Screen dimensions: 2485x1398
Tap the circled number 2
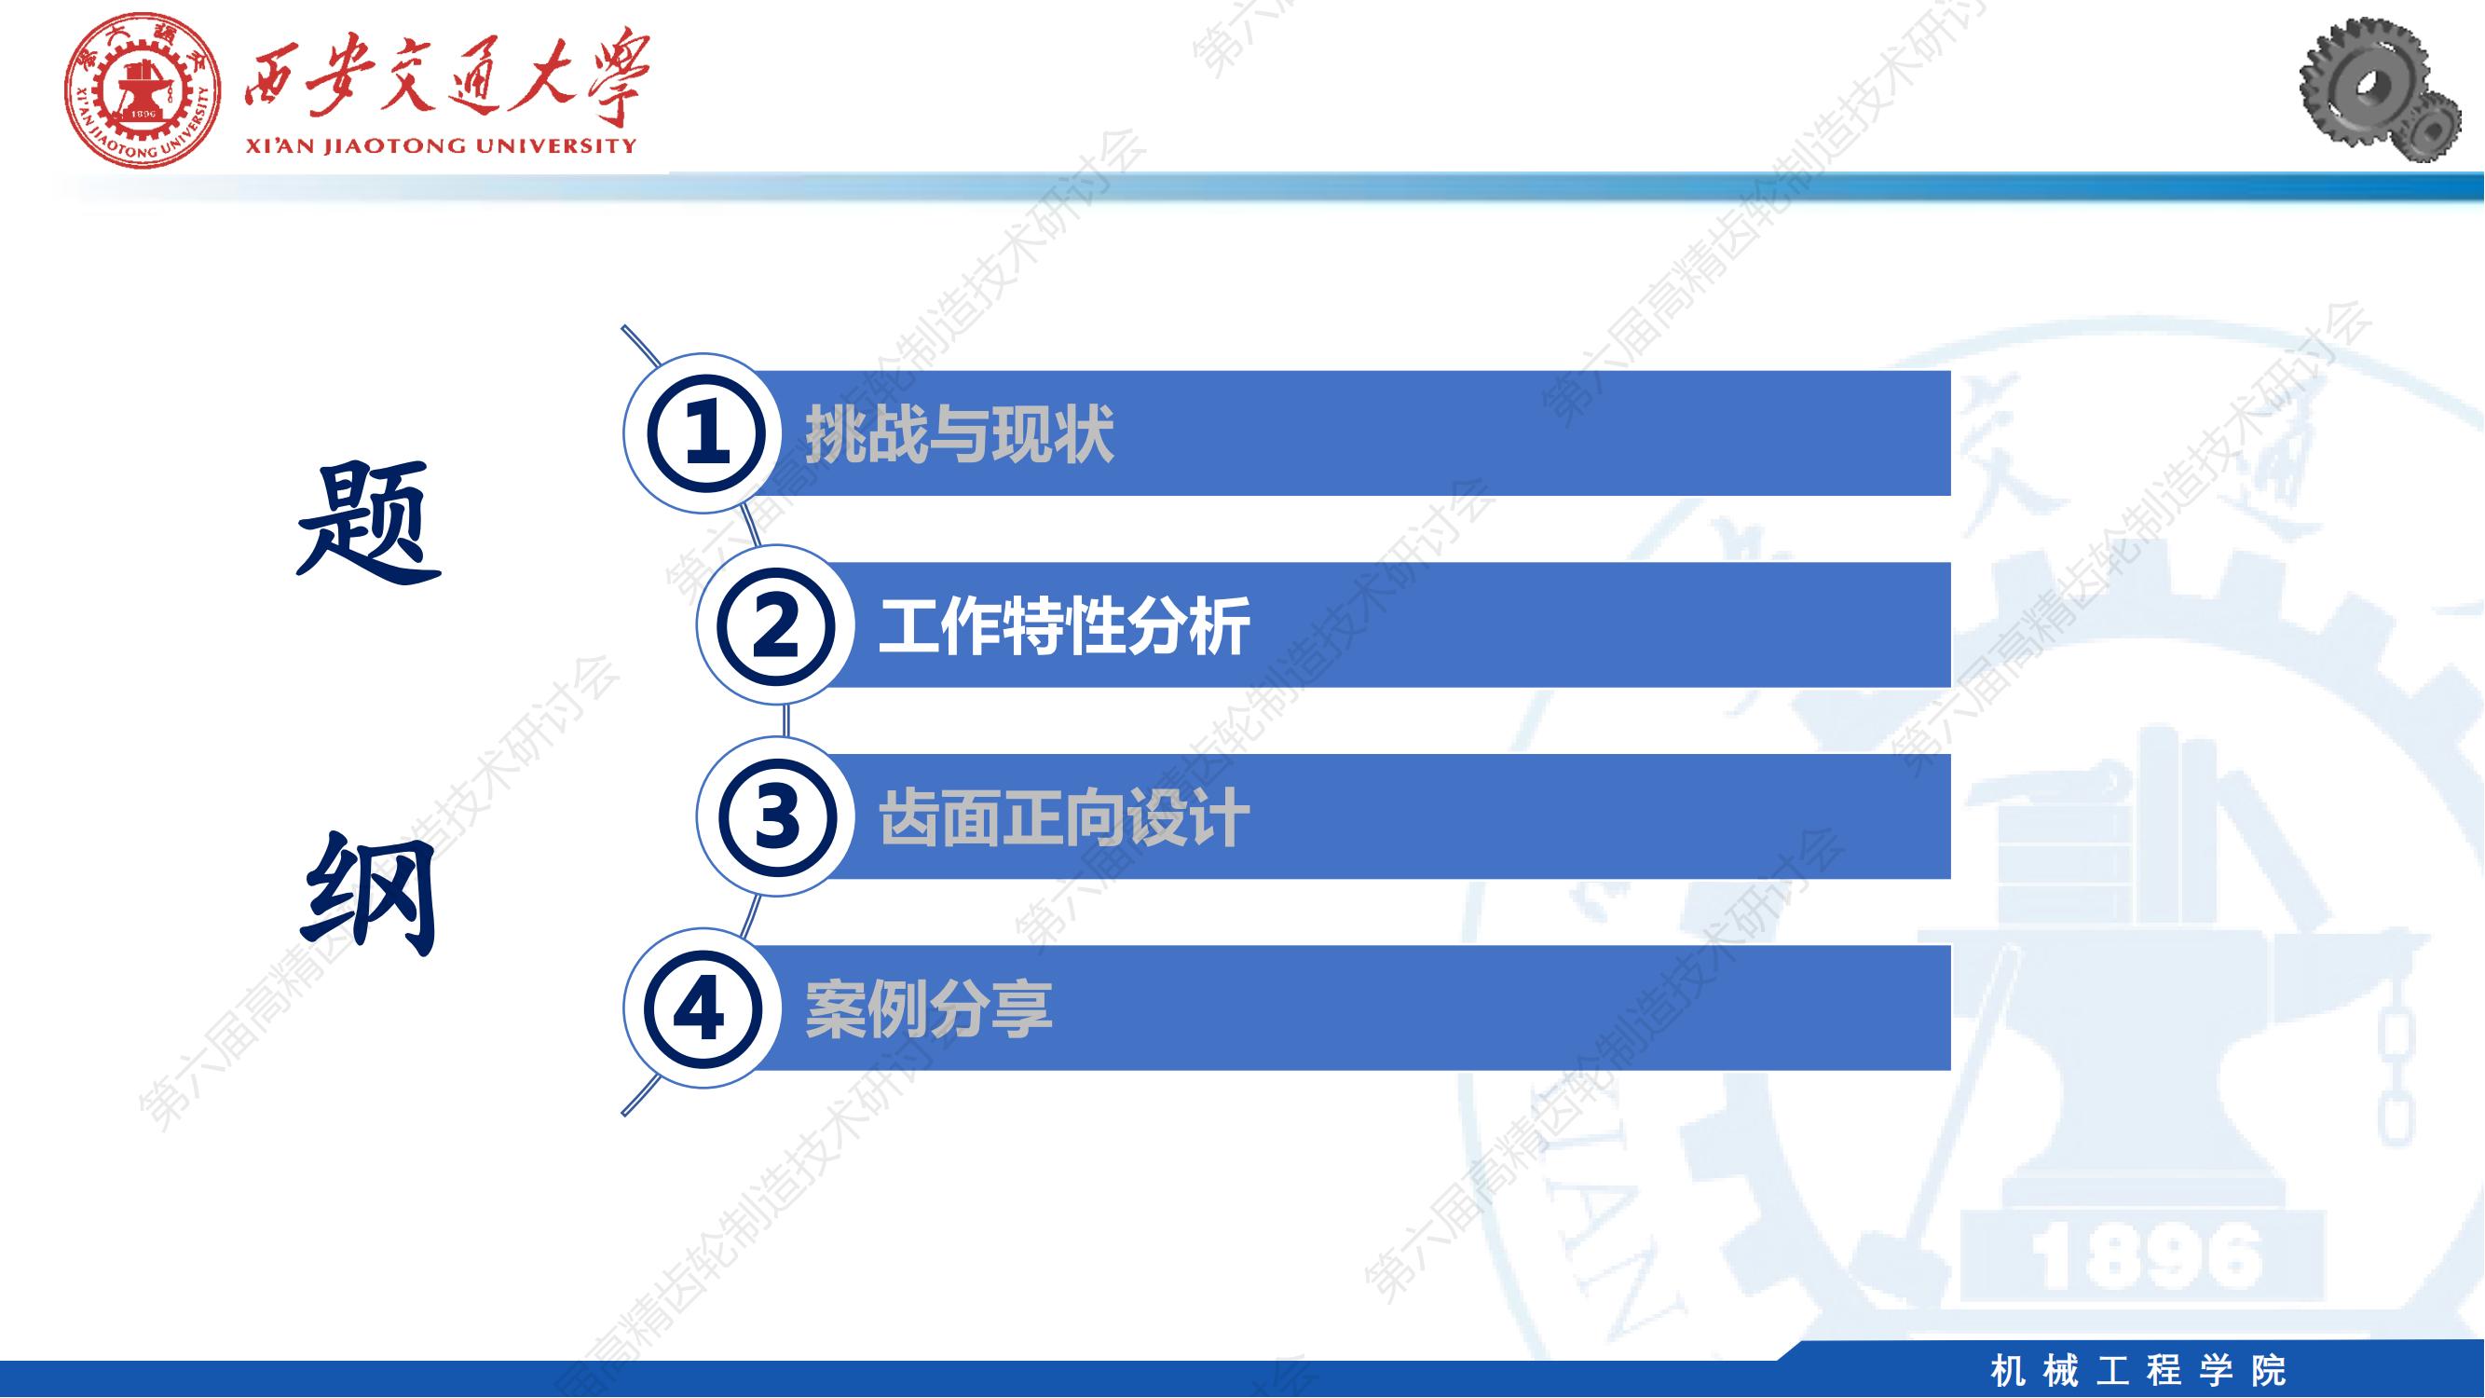pyautogui.click(x=774, y=625)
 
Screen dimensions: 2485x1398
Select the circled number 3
pyautogui.click(x=774, y=816)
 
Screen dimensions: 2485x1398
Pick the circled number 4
pyautogui.click(x=702, y=1008)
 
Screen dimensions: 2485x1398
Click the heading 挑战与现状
pyautogui.click(x=959, y=434)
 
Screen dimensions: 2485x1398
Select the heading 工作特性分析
pyautogui.click(x=1064, y=626)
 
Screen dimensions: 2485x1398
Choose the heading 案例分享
pyautogui.click(x=928, y=1009)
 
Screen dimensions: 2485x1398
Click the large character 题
pyautogui.click(x=368, y=522)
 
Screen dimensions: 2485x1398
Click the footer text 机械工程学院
pyautogui.click(x=2138, y=1371)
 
